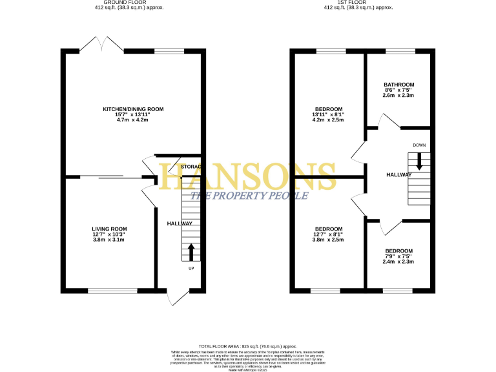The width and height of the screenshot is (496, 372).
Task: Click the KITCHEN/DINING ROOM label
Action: pyautogui.click(x=134, y=110)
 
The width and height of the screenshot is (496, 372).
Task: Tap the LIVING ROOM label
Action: pyautogui.click(x=108, y=229)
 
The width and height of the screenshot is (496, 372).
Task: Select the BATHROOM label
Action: pyautogui.click(x=398, y=85)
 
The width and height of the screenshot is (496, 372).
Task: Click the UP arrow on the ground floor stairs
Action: pyautogui.click(x=191, y=251)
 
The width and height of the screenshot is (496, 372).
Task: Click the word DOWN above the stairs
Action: pyautogui.click(x=419, y=145)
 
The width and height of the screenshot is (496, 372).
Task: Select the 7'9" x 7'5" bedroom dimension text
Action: pyautogui.click(x=398, y=256)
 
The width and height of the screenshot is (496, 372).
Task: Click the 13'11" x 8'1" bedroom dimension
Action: pyautogui.click(x=329, y=114)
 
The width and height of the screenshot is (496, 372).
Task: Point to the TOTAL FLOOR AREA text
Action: pyautogui.click(x=248, y=347)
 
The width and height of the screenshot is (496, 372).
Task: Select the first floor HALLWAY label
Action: pyautogui.click(x=398, y=175)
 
